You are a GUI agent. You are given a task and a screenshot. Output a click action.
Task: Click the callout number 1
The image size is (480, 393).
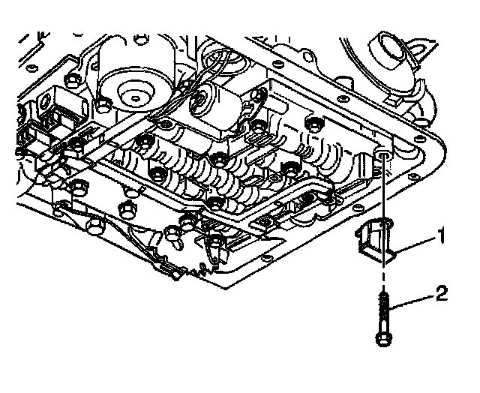(x=442, y=238)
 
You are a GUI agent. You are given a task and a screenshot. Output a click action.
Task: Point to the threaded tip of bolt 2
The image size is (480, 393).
(x=384, y=298)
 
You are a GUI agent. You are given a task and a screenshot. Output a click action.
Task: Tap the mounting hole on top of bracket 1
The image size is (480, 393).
(x=384, y=223)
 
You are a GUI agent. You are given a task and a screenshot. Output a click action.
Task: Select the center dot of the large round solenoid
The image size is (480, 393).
(x=137, y=96)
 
